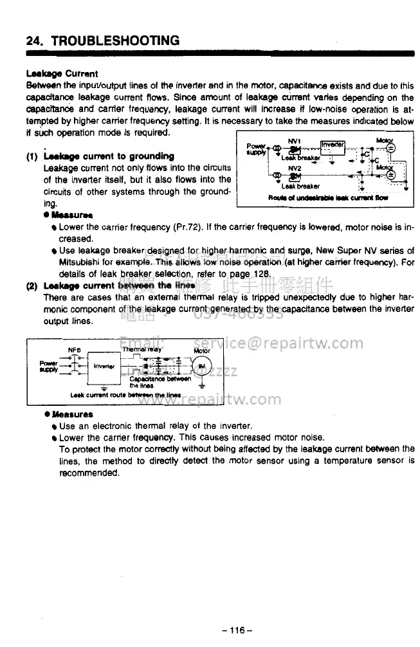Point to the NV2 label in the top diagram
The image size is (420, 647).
click(x=295, y=168)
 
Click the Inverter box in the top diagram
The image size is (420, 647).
click(x=333, y=144)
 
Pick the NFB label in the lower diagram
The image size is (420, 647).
click(x=74, y=351)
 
